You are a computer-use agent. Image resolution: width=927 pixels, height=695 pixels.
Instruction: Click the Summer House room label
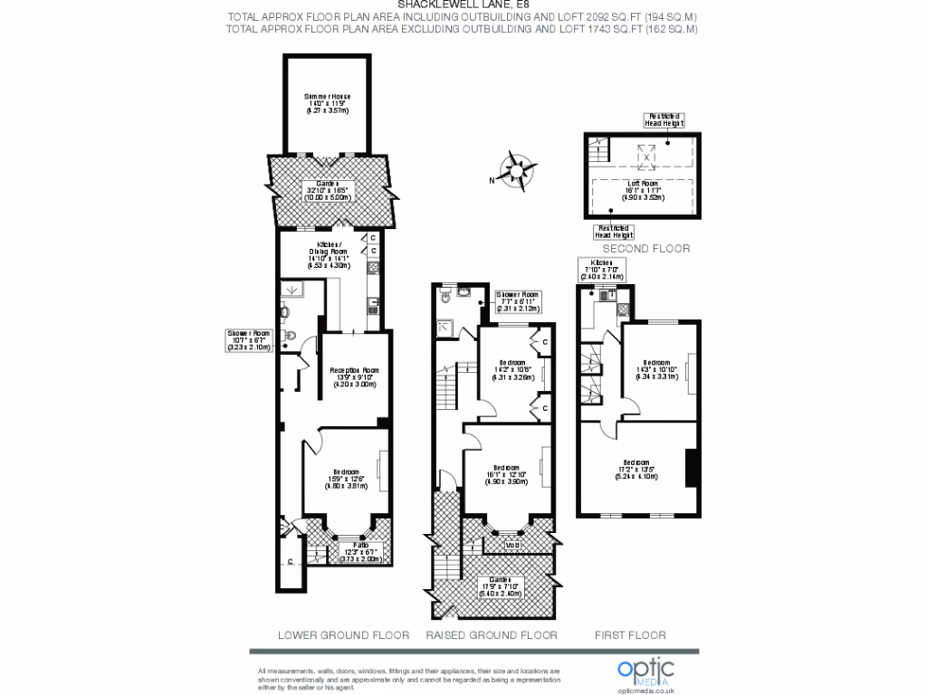(327, 104)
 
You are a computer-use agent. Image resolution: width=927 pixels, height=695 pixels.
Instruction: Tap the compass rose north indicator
(515, 171)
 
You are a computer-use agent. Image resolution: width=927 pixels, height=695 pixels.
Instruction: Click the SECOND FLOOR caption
(645, 248)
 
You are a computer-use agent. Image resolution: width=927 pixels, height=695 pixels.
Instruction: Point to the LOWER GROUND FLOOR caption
(343, 634)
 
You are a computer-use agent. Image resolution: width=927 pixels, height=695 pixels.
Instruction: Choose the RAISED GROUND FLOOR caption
(492, 634)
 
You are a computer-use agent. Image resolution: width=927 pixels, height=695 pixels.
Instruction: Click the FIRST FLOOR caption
(630, 634)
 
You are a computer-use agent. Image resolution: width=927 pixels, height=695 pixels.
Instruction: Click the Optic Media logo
(645, 671)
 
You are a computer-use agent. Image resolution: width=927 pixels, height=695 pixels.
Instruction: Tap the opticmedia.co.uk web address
(645, 689)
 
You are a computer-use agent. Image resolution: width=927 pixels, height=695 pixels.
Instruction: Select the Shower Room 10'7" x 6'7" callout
(248, 339)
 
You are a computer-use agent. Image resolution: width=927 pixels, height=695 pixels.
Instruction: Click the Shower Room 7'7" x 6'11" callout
(520, 301)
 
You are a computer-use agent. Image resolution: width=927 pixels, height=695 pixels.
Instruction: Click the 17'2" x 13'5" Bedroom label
(635, 469)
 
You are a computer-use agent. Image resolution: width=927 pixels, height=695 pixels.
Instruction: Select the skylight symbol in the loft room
(646, 155)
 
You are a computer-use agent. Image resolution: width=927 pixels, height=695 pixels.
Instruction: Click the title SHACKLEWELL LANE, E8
(463, 5)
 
